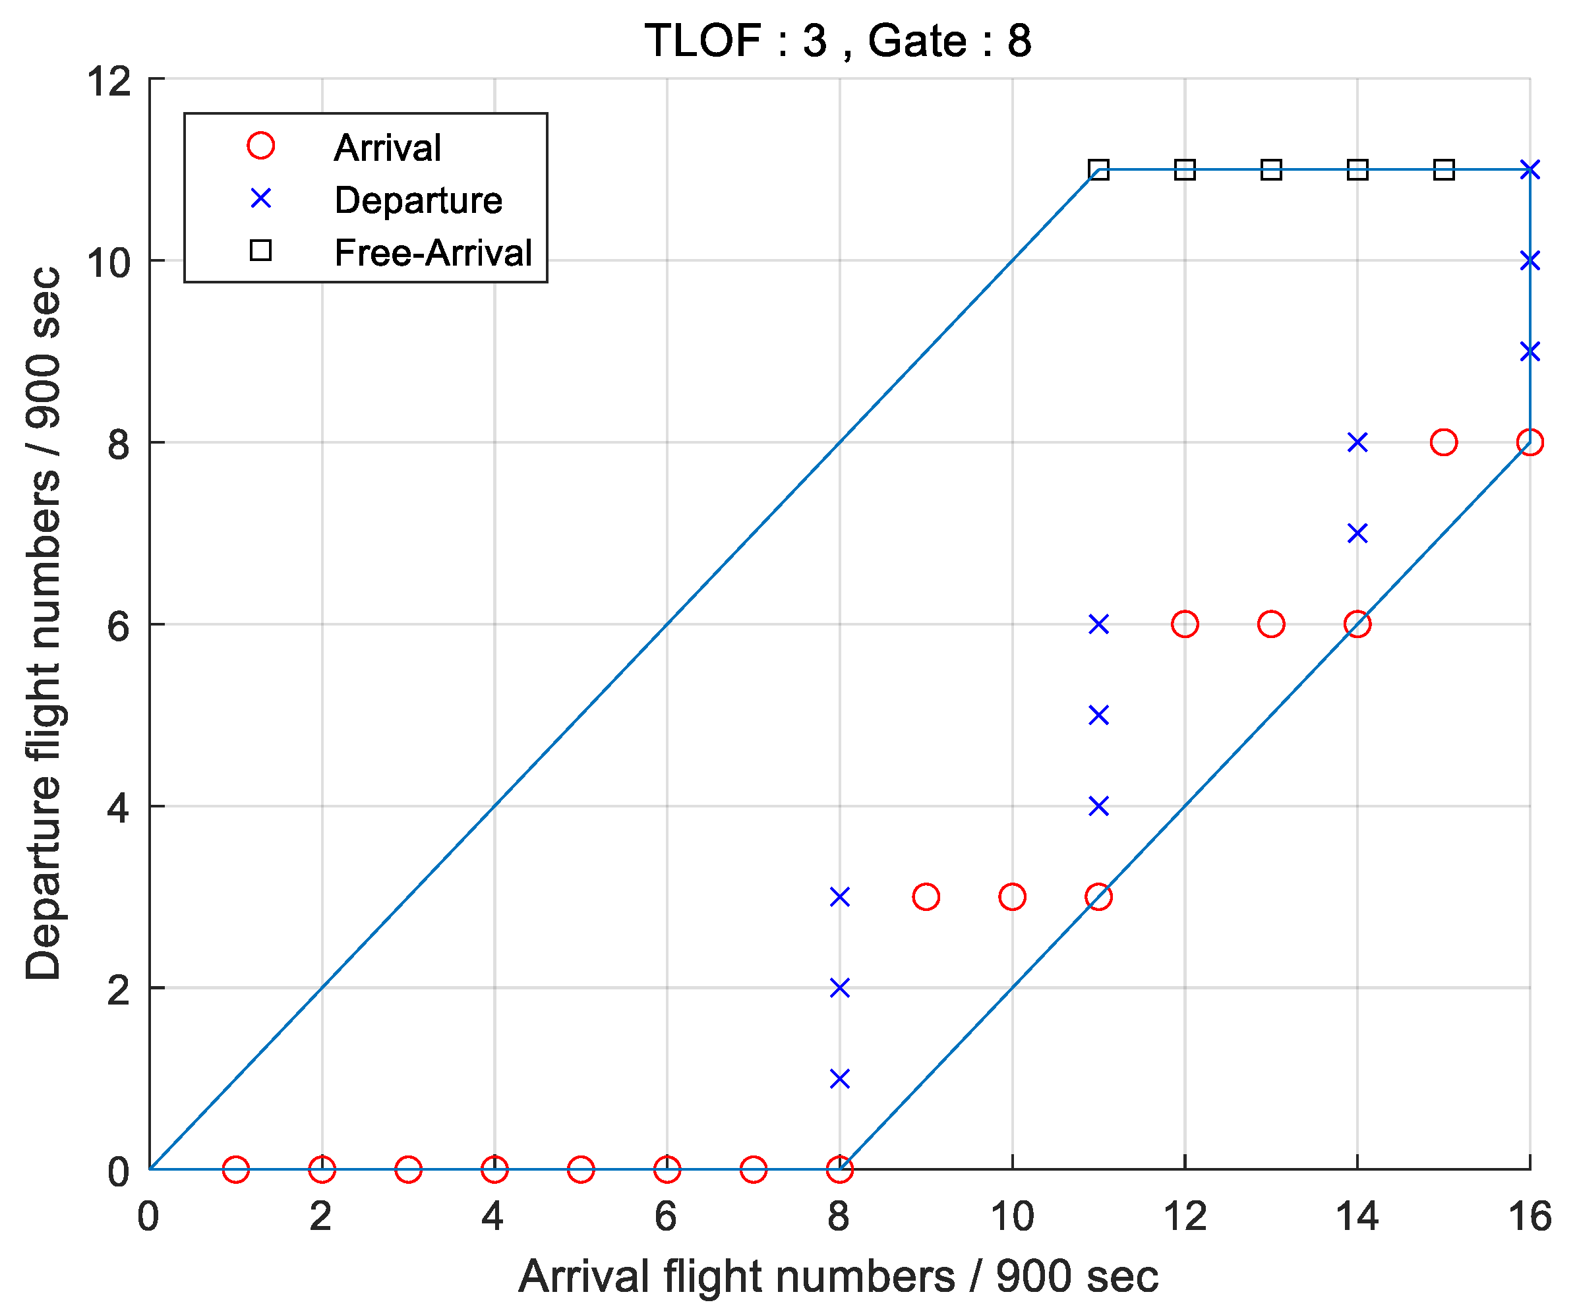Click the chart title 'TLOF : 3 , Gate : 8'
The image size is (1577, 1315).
(838, 41)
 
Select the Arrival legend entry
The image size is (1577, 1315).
(388, 147)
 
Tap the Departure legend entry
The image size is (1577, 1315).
(417, 200)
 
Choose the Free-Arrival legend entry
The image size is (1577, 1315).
(432, 252)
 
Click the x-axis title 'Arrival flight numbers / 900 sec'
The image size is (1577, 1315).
(838, 1276)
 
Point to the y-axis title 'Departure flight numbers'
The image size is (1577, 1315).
(43, 624)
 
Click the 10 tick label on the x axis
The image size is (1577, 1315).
(1011, 1216)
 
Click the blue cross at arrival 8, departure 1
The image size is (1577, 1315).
(839, 1079)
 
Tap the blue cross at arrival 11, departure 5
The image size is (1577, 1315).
(1098, 715)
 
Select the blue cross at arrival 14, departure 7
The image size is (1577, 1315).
(1357, 533)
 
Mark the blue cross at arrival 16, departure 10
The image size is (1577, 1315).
(1530, 260)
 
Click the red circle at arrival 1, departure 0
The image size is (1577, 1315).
(236, 1169)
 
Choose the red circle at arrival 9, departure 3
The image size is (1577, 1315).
(926, 896)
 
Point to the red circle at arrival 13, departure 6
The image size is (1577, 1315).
(1270, 624)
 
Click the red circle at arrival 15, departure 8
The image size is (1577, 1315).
(1443, 442)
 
